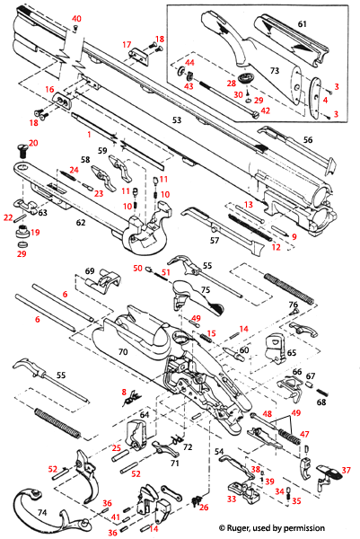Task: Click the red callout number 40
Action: [x=75, y=19]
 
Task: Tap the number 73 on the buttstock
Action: [x=276, y=70]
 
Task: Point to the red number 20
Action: [x=33, y=143]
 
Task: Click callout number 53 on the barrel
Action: [x=178, y=119]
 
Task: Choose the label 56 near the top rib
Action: [x=307, y=140]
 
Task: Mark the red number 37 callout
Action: [x=347, y=470]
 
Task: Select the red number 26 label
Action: [x=204, y=508]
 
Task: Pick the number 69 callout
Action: [x=89, y=270]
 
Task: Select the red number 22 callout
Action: [x=7, y=216]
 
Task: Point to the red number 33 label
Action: [x=231, y=499]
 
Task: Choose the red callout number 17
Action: [x=127, y=45]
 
